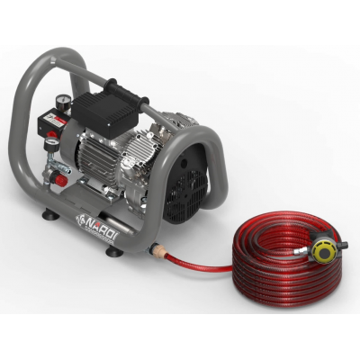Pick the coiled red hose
click(270, 270)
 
